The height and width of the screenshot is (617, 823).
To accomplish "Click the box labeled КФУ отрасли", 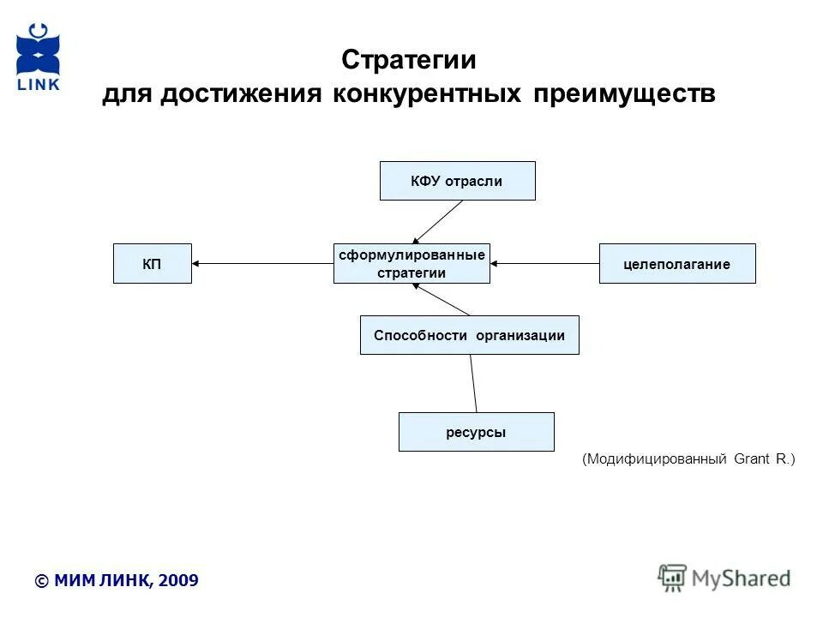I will point(457,181).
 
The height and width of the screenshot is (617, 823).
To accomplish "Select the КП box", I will point(152,264).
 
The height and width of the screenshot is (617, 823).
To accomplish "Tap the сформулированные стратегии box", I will point(411,263).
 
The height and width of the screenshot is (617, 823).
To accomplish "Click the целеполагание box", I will point(676,264).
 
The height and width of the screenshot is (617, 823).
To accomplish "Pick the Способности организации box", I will point(469,335).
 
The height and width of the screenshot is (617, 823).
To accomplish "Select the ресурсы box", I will point(476,432).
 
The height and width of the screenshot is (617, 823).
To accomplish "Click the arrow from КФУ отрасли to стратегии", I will point(438,222).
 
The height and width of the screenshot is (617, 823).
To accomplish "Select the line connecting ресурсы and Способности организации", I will point(473,383).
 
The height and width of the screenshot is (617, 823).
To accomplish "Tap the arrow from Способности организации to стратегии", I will point(442,300).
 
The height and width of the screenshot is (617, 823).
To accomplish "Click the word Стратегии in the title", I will point(408,61).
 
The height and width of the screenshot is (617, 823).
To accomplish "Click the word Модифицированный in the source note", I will point(656,460).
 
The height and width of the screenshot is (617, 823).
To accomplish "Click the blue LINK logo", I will point(39,57).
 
